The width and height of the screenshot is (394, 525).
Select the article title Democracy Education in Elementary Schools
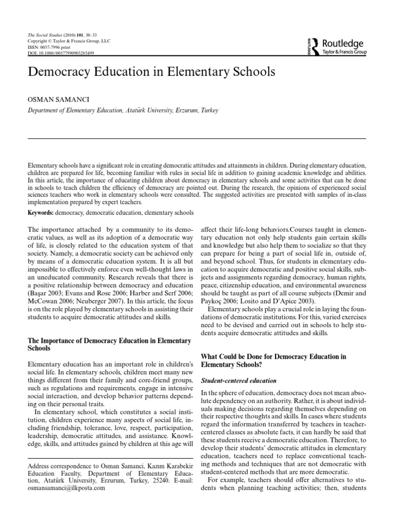tap(151, 71)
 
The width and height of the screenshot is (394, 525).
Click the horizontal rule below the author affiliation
tap(196, 139)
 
